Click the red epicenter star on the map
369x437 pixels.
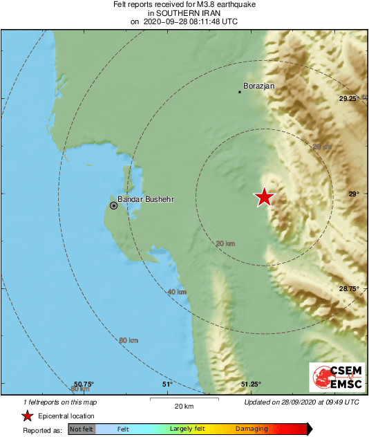click(264, 197)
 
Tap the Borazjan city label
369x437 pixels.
click(260, 86)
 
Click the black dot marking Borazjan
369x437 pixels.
click(240, 91)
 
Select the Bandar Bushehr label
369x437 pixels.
click(145, 200)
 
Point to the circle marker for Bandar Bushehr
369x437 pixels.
click(114, 205)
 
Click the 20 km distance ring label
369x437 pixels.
click(225, 243)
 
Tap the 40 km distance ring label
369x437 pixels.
click(177, 292)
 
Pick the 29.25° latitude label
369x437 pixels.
click(350, 99)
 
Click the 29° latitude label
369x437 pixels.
click(353, 194)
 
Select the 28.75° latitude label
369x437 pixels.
click(348, 288)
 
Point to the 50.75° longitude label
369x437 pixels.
click(84, 384)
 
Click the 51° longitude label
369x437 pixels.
click(166, 384)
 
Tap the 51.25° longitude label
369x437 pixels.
click(250, 384)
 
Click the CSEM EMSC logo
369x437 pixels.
click(334, 378)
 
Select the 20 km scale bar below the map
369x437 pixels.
click(183, 400)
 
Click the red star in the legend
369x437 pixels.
click(27, 416)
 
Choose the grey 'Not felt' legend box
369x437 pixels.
click(81, 429)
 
